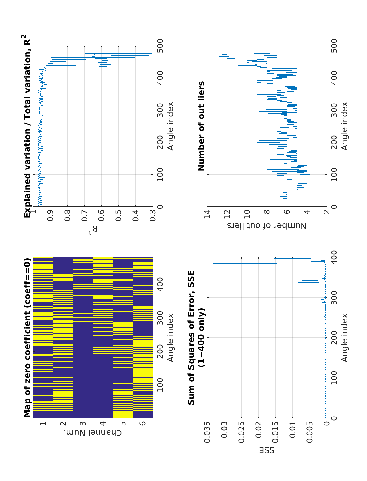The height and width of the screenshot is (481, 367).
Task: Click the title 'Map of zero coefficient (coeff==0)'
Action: point(28,338)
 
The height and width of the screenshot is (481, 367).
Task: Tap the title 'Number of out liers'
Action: point(201,126)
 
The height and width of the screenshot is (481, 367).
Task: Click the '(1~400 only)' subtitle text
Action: point(201,338)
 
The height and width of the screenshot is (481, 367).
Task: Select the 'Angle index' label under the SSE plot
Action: point(344,338)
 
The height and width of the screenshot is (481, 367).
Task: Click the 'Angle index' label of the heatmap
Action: point(170,338)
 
